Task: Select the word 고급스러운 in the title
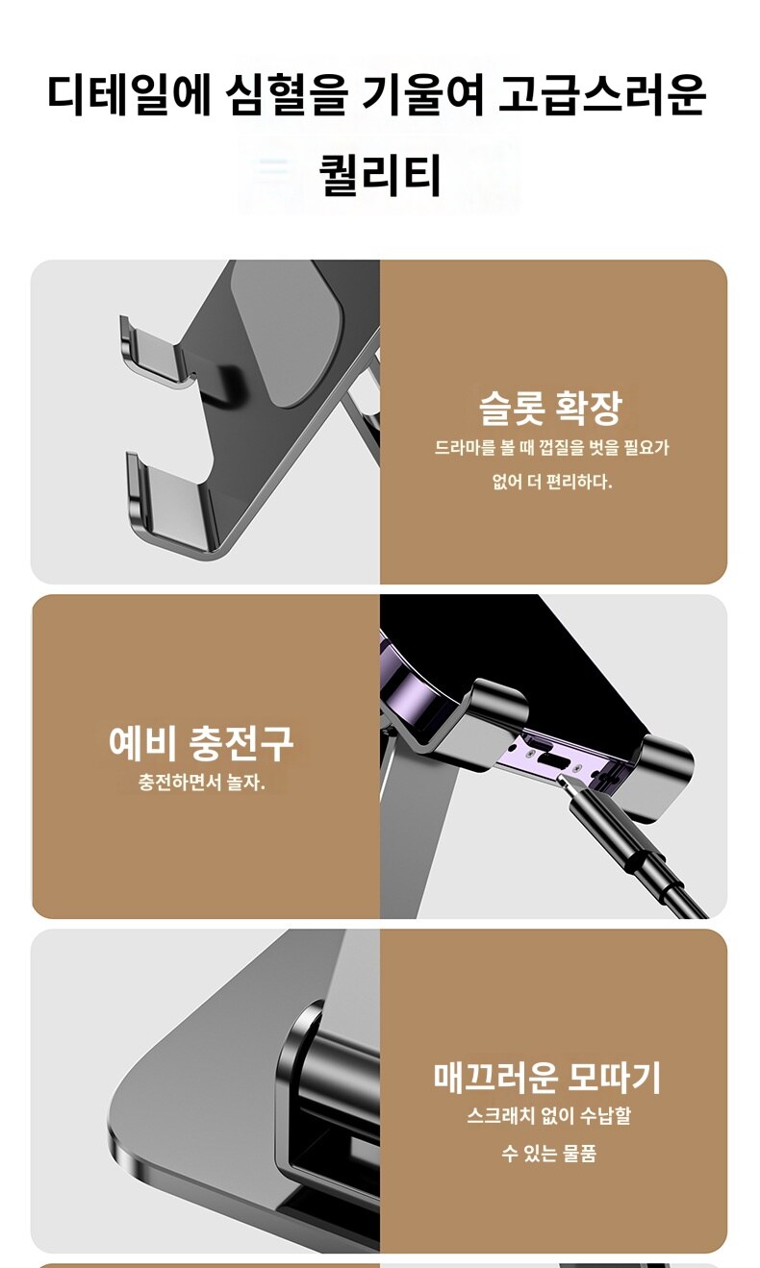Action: (x=603, y=94)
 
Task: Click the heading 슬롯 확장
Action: (x=550, y=407)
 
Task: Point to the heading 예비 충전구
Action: (x=201, y=742)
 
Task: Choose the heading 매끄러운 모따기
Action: (x=547, y=1077)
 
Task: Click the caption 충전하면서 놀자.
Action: (x=201, y=782)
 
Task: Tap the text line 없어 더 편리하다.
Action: (x=551, y=482)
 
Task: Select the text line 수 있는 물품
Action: (x=548, y=1154)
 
